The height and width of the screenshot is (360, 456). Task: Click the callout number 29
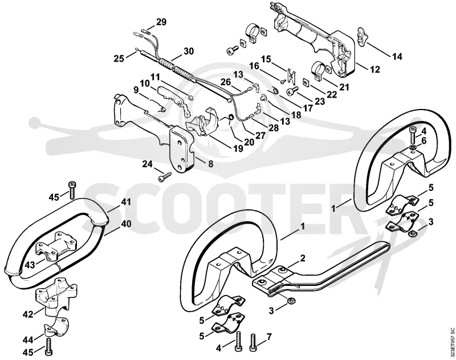coord(161,22)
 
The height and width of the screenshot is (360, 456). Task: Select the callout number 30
coord(189,51)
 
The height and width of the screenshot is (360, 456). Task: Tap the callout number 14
coord(397,56)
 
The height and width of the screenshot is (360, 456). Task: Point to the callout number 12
coord(375,70)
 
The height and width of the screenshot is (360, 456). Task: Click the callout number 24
coord(147,164)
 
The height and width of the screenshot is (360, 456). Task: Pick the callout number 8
coord(210,164)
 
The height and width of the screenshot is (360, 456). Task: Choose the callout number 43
coord(30,265)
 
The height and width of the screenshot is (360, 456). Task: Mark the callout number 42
coord(28,314)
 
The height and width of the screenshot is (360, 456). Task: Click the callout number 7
coord(269,337)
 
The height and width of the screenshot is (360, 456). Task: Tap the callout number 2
coord(303,258)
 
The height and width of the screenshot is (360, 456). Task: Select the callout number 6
coord(424,140)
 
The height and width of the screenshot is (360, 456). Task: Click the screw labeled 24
coord(164,177)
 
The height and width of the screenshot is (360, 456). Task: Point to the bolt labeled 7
coord(253,344)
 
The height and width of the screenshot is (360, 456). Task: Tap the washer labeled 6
coord(413,149)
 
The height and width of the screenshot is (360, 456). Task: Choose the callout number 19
coord(238,148)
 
